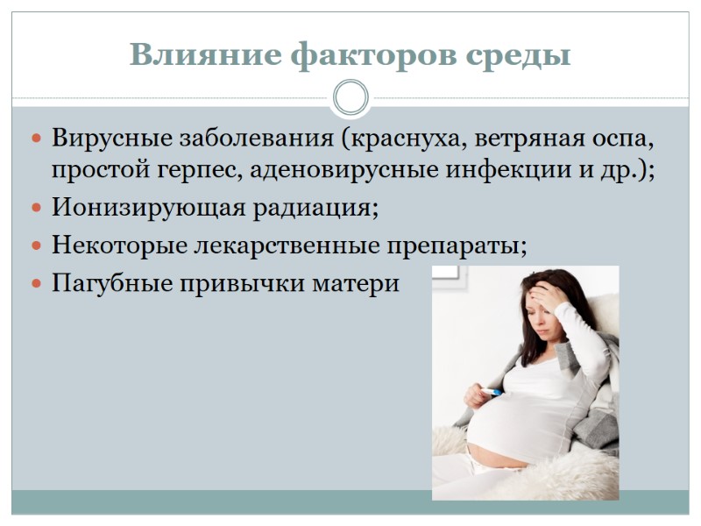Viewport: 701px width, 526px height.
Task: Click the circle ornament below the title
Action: pos(350,96)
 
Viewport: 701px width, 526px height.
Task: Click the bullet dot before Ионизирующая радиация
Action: pos(36,210)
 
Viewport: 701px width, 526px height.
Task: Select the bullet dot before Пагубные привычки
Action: pos(36,286)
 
